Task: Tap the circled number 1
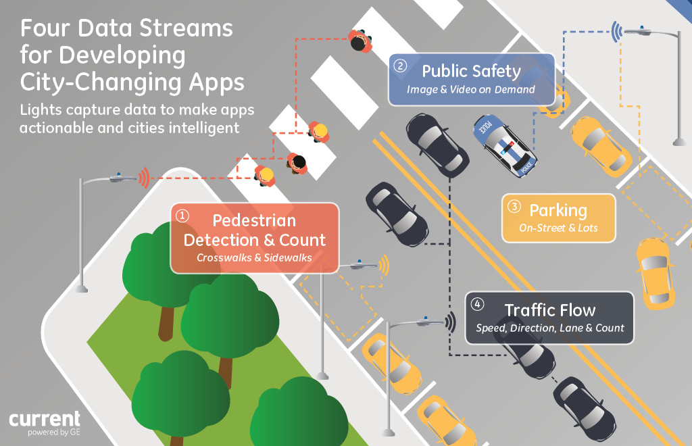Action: (182, 215)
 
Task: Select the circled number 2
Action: (401, 66)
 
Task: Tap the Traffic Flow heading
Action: (549, 310)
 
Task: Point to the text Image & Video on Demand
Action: (470, 89)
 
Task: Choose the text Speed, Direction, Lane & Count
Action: (549, 328)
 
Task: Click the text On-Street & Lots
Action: (559, 228)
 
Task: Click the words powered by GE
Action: (53, 433)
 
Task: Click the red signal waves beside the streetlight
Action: (143, 178)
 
